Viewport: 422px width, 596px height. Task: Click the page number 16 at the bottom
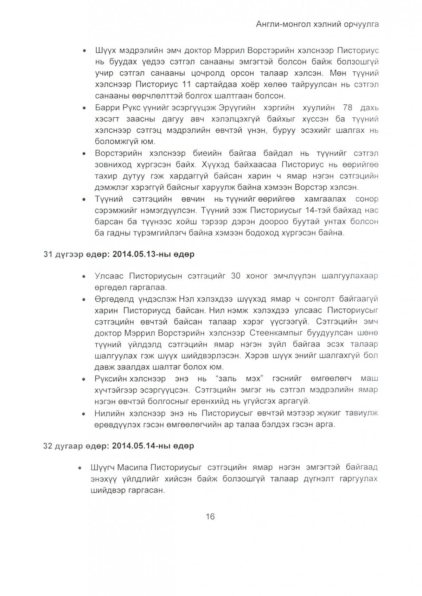point(210,516)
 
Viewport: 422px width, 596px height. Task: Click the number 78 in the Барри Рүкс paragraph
point(344,107)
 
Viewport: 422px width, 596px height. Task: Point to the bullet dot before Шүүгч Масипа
point(81,468)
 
